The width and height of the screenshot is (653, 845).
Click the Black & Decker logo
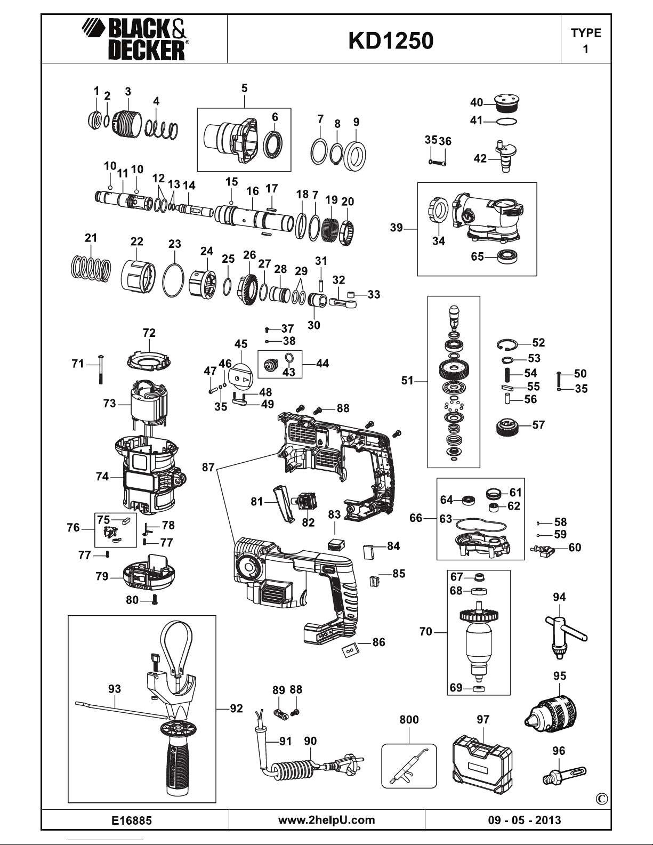(135, 38)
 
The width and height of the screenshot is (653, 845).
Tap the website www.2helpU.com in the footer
(326, 820)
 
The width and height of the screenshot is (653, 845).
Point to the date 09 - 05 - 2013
(525, 820)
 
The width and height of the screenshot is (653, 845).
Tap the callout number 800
(409, 720)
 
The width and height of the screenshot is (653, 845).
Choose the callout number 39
(396, 228)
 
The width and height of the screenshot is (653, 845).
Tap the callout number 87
(208, 468)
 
